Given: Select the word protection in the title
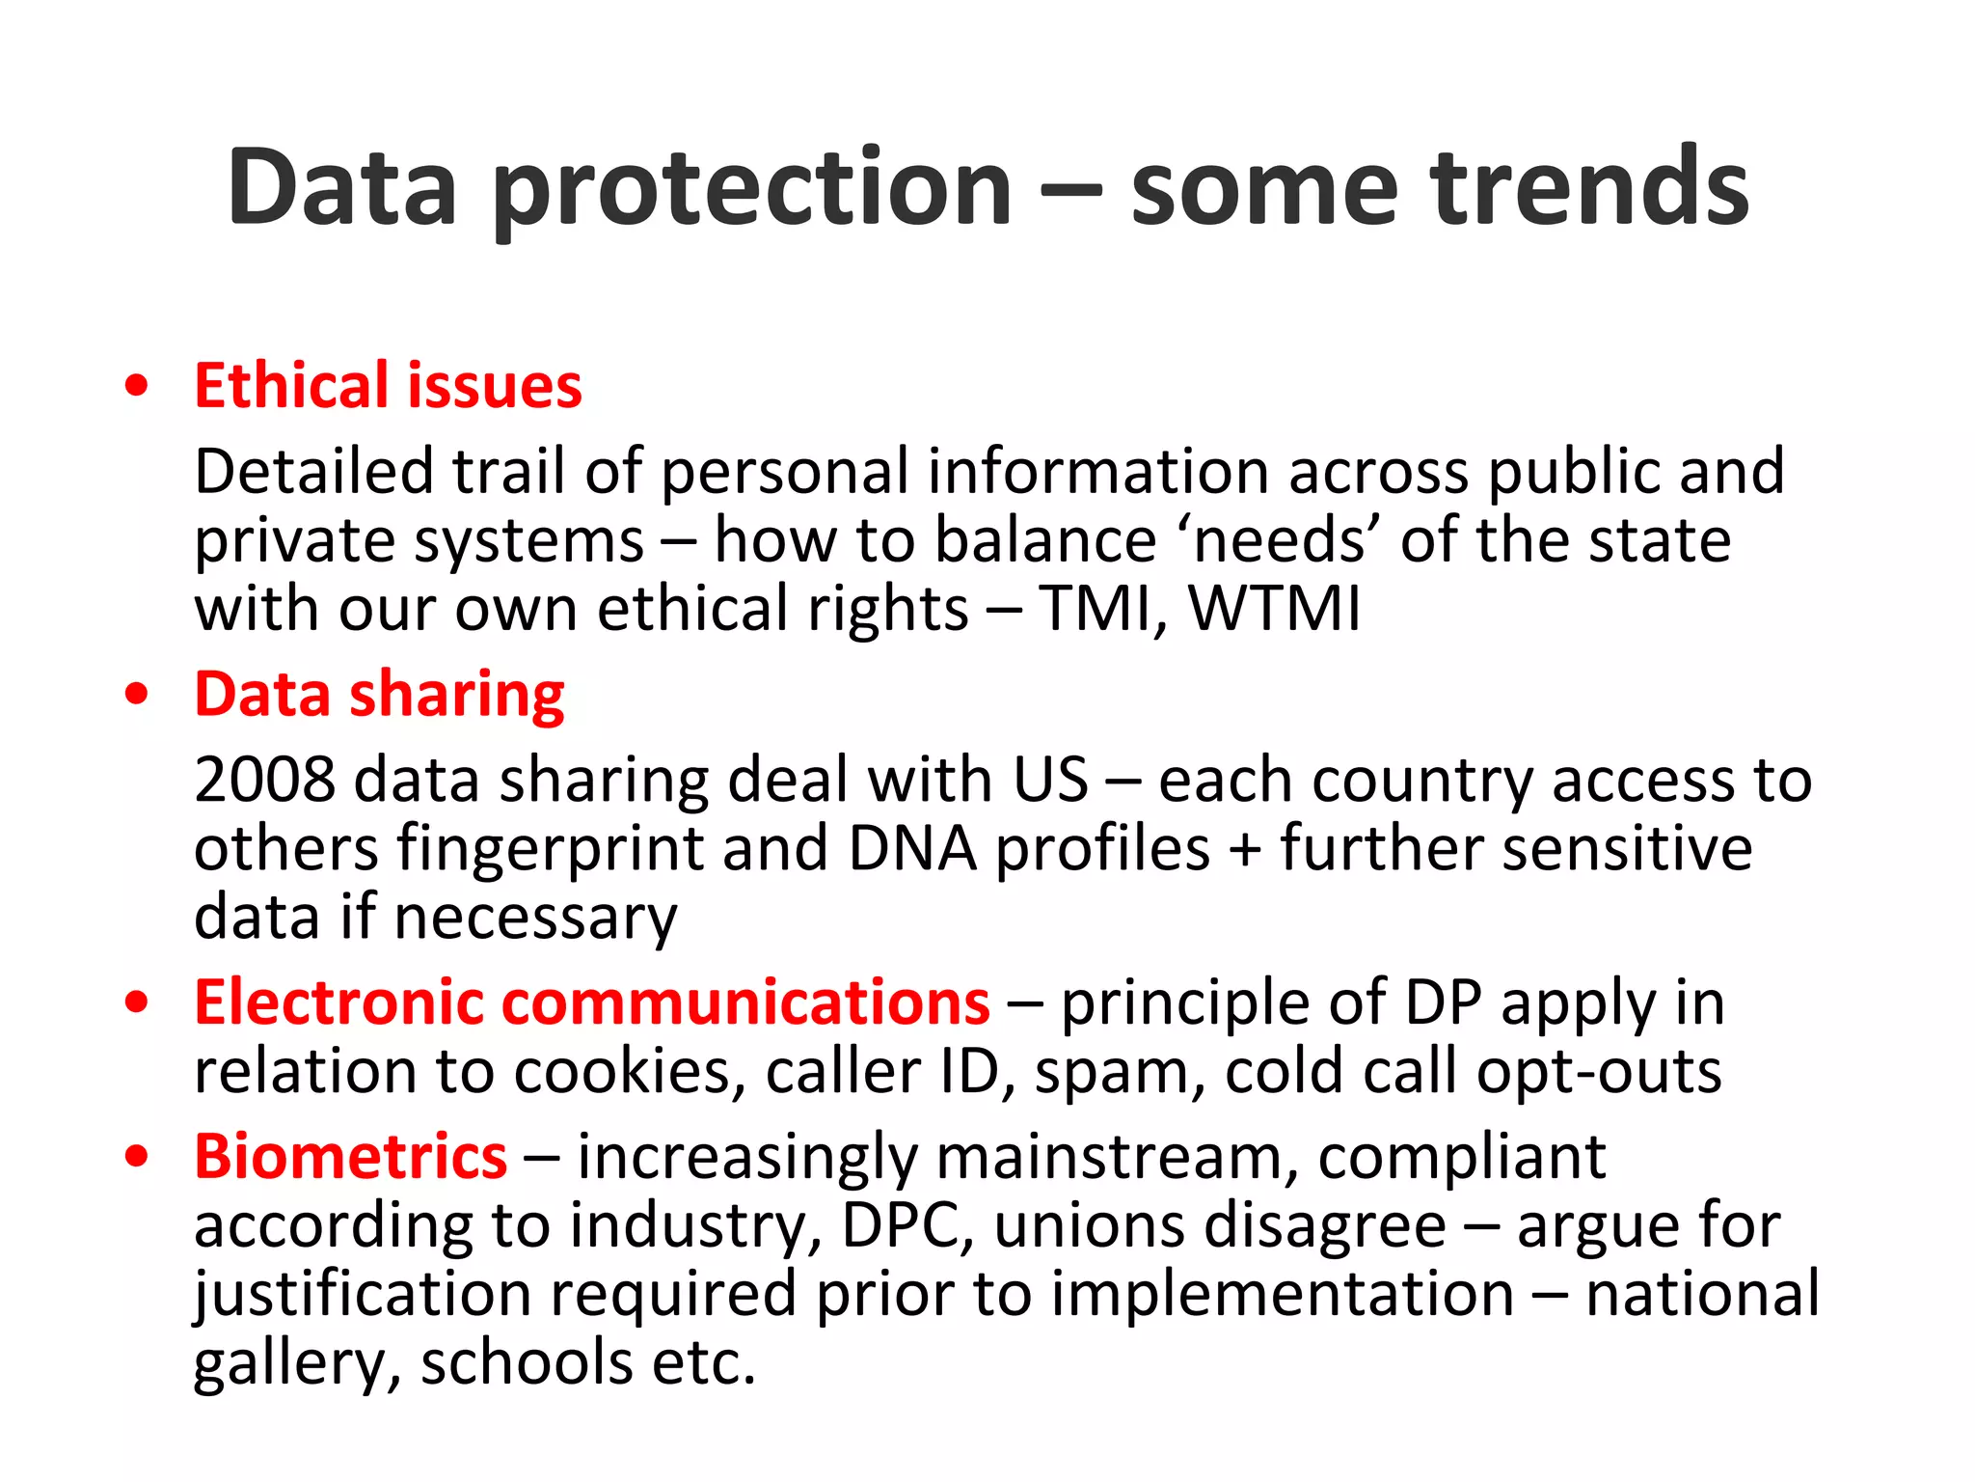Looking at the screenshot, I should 752,189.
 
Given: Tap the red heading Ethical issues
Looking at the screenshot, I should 388,386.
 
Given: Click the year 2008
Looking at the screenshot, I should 264,780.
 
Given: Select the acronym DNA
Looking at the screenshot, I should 912,849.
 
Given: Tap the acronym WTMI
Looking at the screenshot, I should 1274,609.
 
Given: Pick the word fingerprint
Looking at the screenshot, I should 549,851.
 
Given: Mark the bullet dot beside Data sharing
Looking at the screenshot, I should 137,695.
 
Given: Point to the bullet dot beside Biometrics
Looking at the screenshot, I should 137,1157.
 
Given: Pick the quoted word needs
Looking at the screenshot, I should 1280,540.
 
